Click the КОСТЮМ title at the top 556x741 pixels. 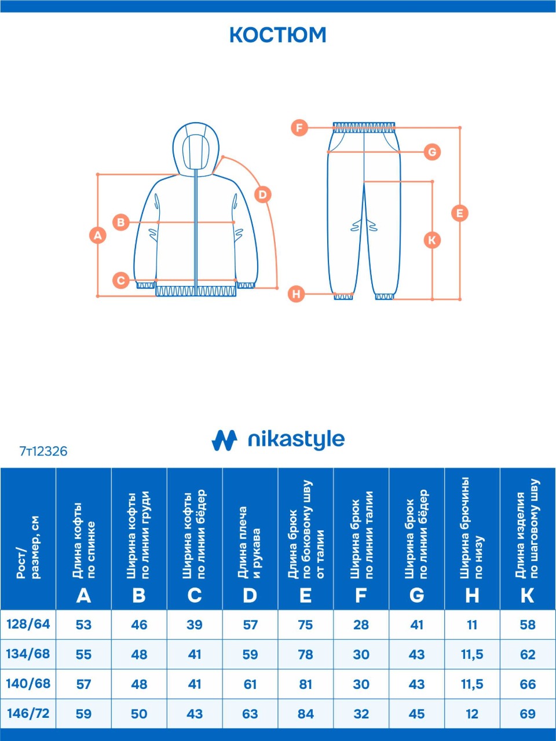(x=278, y=35)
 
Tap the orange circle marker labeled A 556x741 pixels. (x=97, y=235)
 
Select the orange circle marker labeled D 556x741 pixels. (x=262, y=195)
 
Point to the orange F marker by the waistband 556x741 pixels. (x=299, y=128)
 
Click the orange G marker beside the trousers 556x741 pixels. (x=432, y=152)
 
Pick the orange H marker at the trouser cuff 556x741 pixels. (x=296, y=294)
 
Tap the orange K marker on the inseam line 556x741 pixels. (x=432, y=240)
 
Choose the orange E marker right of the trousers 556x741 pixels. (x=459, y=213)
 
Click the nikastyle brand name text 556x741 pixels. (x=296, y=439)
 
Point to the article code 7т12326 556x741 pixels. (x=43, y=452)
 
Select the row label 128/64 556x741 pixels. (x=28, y=624)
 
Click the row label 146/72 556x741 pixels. (x=28, y=713)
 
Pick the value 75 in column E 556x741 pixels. (x=306, y=625)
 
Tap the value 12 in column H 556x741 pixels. (x=472, y=714)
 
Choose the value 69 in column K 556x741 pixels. (x=528, y=714)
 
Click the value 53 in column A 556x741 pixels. (x=83, y=625)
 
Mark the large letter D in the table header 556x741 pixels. (x=250, y=596)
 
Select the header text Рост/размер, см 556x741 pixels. (x=28, y=547)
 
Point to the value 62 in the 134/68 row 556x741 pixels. (x=528, y=655)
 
